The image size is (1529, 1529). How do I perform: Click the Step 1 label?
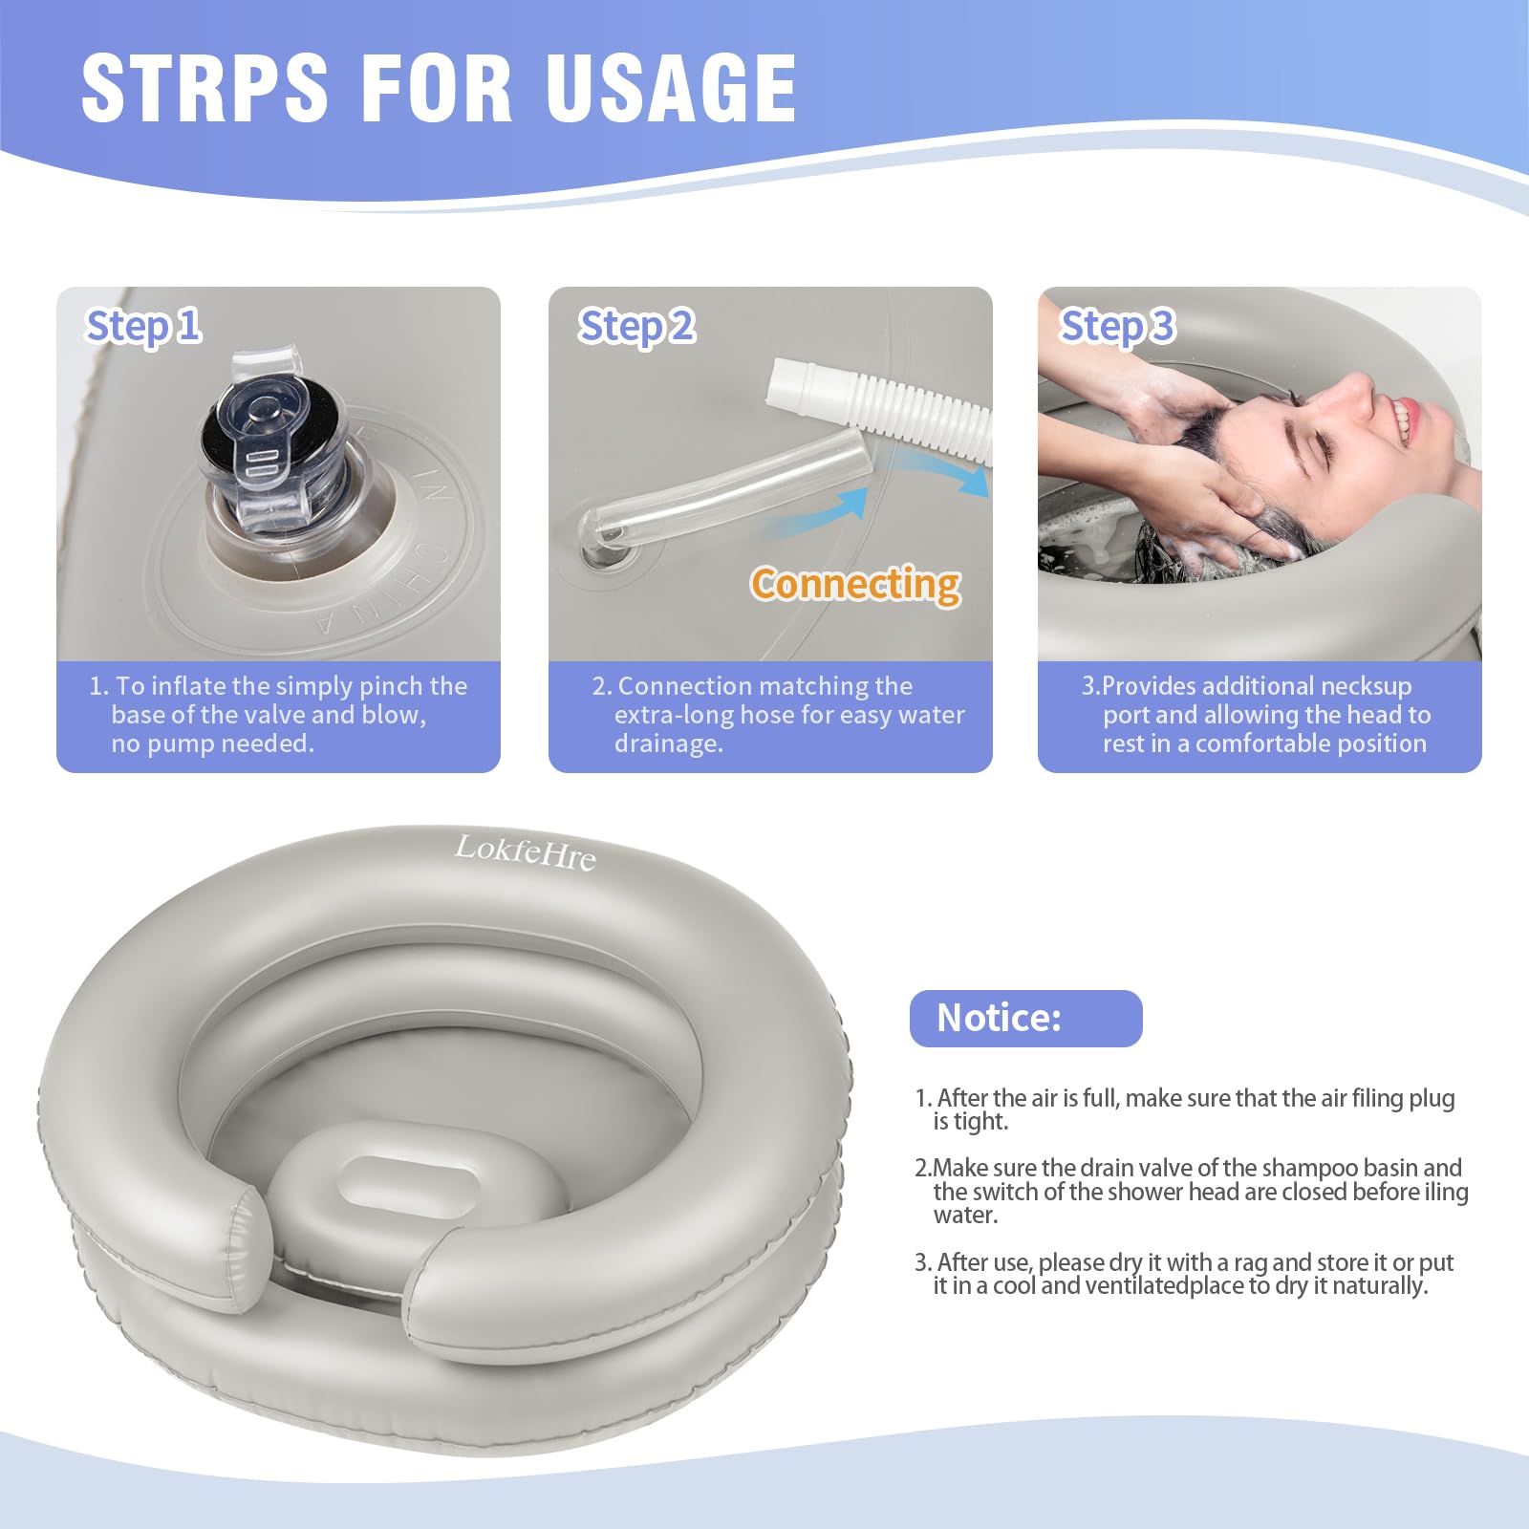pos(143,326)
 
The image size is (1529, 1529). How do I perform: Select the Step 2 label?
pos(636,326)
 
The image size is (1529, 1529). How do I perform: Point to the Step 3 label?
pos(1117,326)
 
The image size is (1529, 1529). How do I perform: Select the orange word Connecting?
pos(855,584)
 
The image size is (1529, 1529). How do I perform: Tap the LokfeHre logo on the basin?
pos(525,851)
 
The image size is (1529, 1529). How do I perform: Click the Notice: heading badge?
pos(1025,1019)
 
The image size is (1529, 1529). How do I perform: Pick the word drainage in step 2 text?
pos(668,744)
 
